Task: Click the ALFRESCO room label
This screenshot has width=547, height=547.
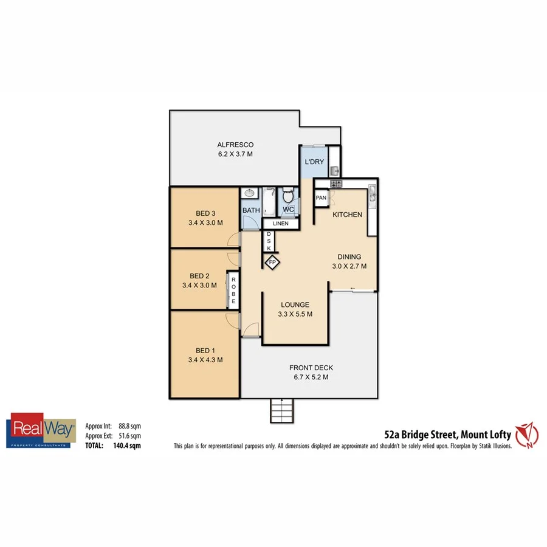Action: click(x=235, y=145)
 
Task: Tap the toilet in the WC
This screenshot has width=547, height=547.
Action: click(x=288, y=197)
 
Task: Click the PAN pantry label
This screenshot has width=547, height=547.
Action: click(x=321, y=198)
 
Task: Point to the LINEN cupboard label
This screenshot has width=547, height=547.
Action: click(x=280, y=224)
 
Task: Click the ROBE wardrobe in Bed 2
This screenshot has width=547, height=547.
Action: click(x=232, y=289)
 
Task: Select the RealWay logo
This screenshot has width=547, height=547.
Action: click(x=41, y=430)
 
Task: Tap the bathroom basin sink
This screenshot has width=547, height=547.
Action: click(x=247, y=194)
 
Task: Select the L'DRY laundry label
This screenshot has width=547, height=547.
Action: click(x=314, y=162)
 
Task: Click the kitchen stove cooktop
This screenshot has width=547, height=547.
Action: click(x=336, y=184)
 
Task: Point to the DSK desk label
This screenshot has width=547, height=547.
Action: click(x=269, y=241)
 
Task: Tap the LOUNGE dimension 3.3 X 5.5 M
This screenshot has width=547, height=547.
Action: click(x=295, y=314)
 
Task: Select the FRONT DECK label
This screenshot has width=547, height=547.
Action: click(x=311, y=368)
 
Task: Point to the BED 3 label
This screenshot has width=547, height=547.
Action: click(x=205, y=213)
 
